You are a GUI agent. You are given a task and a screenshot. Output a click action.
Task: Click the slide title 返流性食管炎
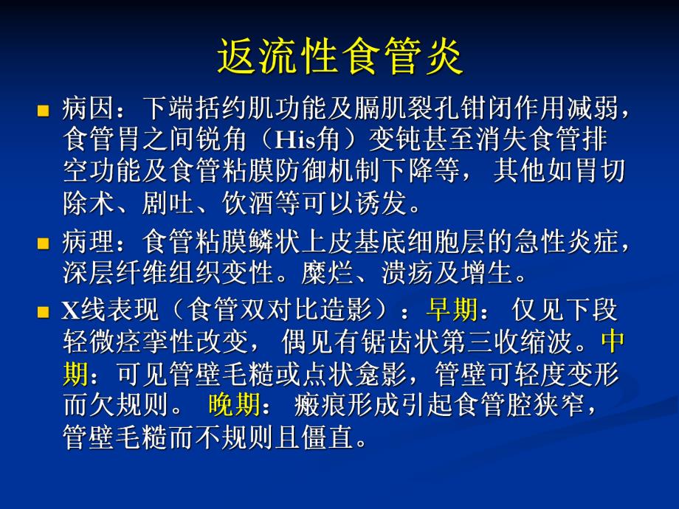point(339,57)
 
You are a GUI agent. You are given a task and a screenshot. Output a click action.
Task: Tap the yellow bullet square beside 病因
point(43,112)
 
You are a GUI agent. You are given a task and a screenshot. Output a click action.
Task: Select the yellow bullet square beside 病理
point(43,243)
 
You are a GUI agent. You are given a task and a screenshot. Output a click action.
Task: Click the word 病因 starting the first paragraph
point(87,111)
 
